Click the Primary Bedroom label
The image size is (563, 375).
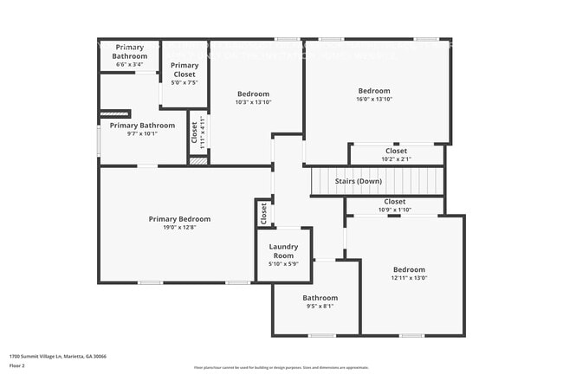click(178, 219)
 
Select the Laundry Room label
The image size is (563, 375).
click(283, 251)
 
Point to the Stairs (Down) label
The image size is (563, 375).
click(358, 181)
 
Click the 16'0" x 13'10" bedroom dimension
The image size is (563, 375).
click(374, 100)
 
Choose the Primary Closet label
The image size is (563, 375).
click(184, 70)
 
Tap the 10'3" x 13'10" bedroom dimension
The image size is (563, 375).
click(253, 102)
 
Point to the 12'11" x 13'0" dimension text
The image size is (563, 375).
click(409, 278)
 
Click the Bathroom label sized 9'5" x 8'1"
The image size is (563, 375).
click(320, 298)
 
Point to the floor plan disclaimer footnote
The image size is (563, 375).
click(281, 367)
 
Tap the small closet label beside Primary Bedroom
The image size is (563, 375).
click(262, 212)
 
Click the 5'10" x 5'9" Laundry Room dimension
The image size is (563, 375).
click(283, 264)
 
